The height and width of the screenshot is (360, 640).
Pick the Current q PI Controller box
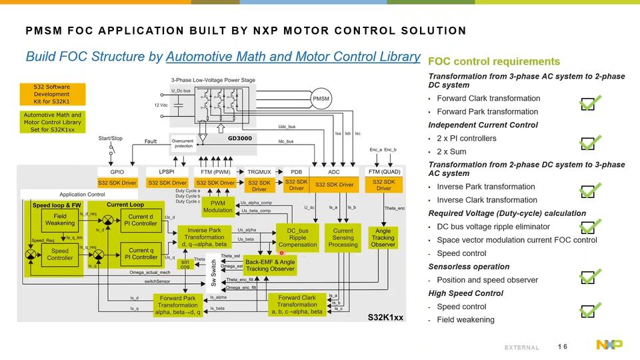[x=140, y=253]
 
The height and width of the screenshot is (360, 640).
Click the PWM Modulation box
[x=218, y=206]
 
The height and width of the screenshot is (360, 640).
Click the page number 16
[x=563, y=345]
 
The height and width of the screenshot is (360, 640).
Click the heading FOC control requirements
[x=485, y=61]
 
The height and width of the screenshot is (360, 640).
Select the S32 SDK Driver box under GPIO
[x=117, y=183]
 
